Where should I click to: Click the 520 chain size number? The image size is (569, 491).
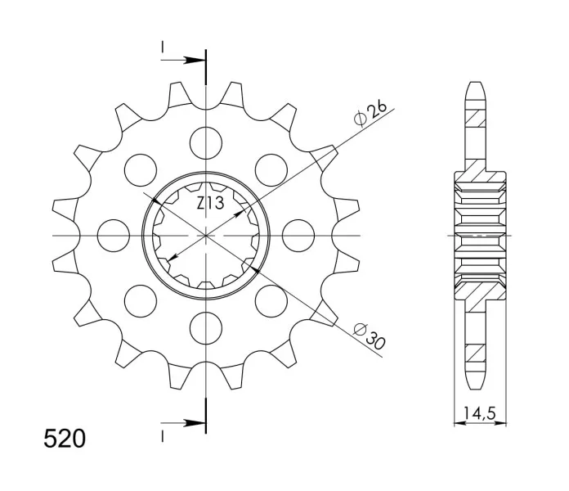click(65, 439)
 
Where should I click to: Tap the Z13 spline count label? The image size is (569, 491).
click(210, 204)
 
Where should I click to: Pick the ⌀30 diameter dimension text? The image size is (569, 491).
click(369, 336)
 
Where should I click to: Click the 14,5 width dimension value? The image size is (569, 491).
click(480, 413)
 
